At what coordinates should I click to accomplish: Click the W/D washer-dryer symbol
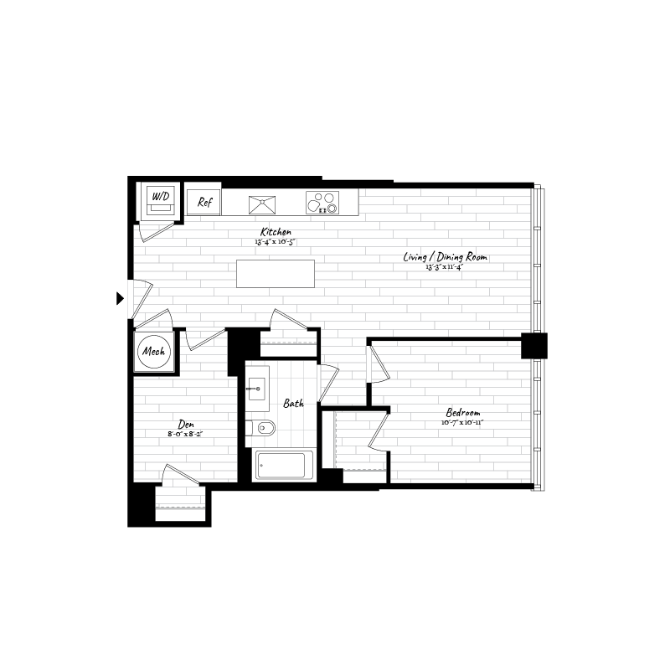pos(160,198)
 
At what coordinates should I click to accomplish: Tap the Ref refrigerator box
pos(204,202)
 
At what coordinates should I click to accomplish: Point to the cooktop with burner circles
pos(324,202)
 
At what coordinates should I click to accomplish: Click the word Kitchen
pos(276,232)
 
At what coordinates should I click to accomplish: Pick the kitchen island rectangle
pos(276,274)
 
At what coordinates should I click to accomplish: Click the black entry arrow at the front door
pos(121,297)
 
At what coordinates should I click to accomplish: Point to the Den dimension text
pos(185,434)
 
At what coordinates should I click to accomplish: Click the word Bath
pos(292,404)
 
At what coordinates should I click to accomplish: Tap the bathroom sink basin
pos(255,388)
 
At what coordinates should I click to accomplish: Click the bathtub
pos(284,466)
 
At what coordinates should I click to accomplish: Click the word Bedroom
pos(462,413)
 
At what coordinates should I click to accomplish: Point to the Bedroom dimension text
pos(463,423)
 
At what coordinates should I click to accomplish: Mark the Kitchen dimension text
pos(276,242)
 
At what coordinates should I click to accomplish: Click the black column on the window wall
pos(533,344)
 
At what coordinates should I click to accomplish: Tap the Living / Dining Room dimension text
pos(445,268)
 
